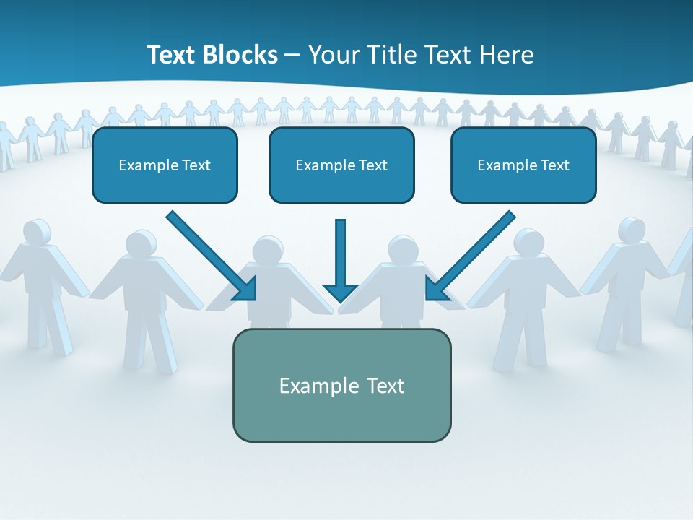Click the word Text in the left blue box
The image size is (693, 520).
[196, 165]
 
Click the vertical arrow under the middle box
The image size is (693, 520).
[341, 253]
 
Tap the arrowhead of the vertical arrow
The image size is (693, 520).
[341, 292]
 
